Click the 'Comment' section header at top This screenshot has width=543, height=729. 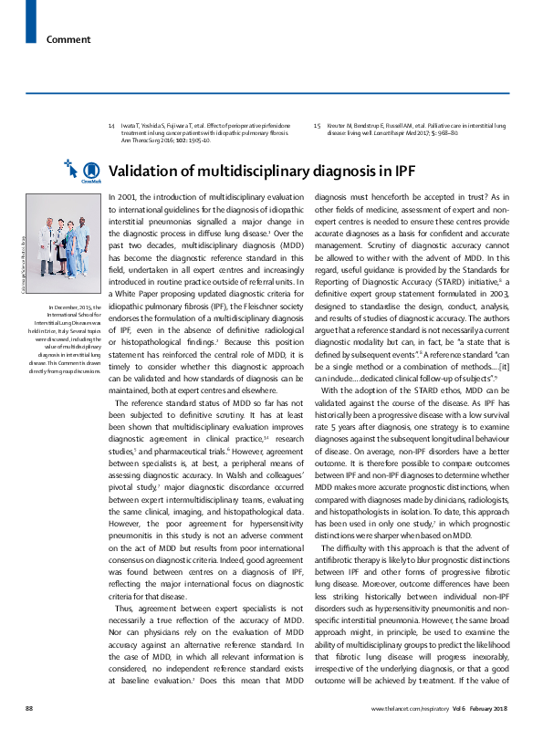pyautogui.click(x=68, y=39)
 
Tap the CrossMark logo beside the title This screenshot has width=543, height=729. pyautogui.click(x=91, y=172)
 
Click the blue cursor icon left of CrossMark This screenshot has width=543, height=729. pyautogui.click(x=70, y=166)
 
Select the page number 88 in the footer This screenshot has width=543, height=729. pyautogui.click(x=30, y=708)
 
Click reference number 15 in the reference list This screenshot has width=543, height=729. pyautogui.click(x=317, y=124)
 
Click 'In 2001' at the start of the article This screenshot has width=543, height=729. pyautogui.click(x=121, y=196)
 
